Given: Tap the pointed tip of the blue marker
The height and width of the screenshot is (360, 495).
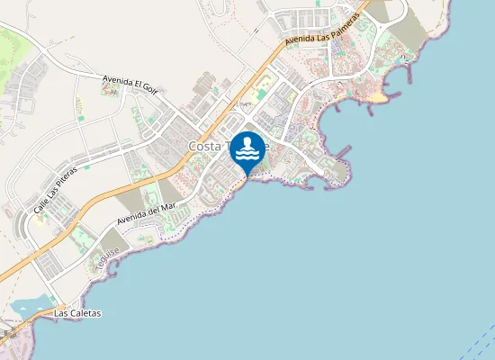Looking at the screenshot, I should click(x=247, y=175).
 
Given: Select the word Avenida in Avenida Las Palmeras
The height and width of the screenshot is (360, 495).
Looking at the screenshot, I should click(x=298, y=40).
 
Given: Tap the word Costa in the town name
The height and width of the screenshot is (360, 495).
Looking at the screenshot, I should click(x=204, y=147).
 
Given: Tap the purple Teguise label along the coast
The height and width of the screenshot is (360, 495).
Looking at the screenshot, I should click(x=109, y=259).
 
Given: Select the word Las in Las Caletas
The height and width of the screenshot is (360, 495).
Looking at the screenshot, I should click(x=61, y=313).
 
